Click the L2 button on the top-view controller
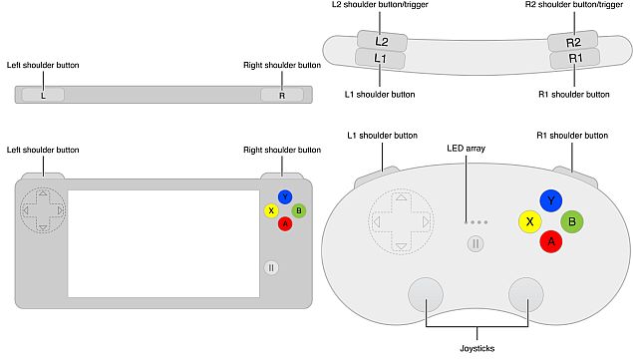pyautogui.click(x=382, y=41)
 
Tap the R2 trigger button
pyautogui.click(x=573, y=41)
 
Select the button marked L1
pyautogui.click(x=382, y=59)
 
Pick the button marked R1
pyautogui.click(x=574, y=59)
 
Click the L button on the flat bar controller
pyautogui.click(x=42, y=96)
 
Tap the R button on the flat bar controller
pyautogui.click(x=282, y=96)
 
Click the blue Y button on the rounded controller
pyautogui.click(x=550, y=201)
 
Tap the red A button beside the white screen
pyautogui.click(x=285, y=223)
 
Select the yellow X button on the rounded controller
pyautogui.click(x=529, y=221)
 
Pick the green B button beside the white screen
pyautogui.click(x=299, y=210)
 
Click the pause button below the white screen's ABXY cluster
pyautogui.click(x=272, y=267)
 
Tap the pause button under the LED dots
pyautogui.click(x=475, y=242)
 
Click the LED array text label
pyautogui.click(x=467, y=149)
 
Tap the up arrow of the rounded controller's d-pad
pyautogui.click(x=401, y=199)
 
